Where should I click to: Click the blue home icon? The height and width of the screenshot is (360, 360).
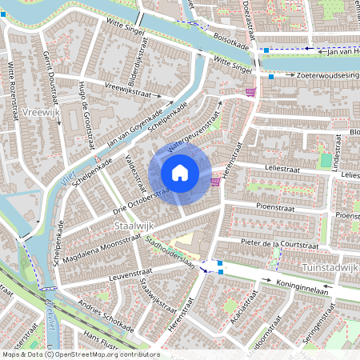coord(180,172)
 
